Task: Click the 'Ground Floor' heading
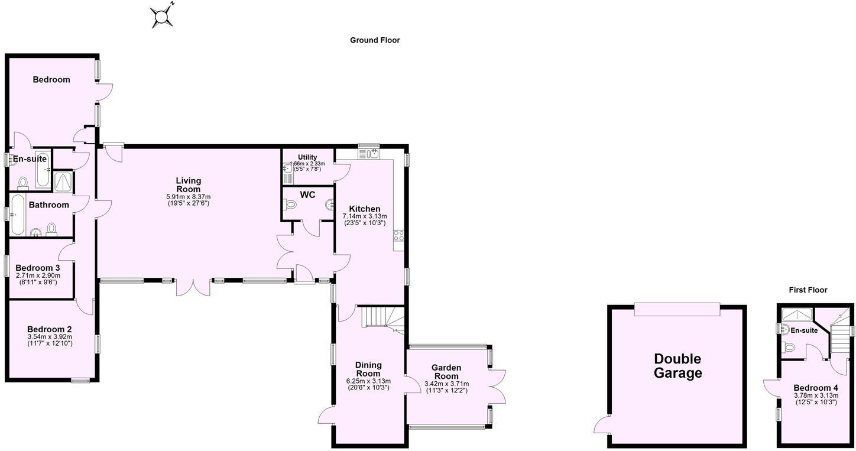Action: click(x=375, y=40)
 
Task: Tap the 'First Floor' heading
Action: click(x=808, y=290)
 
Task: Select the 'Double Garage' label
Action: click(x=677, y=366)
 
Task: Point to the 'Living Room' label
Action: click(x=189, y=184)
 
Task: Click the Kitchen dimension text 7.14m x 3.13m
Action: click(x=365, y=216)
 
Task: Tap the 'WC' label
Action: click(x=307, y=195)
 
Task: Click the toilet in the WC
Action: click(x=290, y=205)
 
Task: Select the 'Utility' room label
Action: click(x=307, y=157)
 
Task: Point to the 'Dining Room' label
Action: click(x=368, y=369)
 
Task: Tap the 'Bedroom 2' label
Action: click(x=50, y=329)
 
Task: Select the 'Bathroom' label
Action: click(x=49, y=205)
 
